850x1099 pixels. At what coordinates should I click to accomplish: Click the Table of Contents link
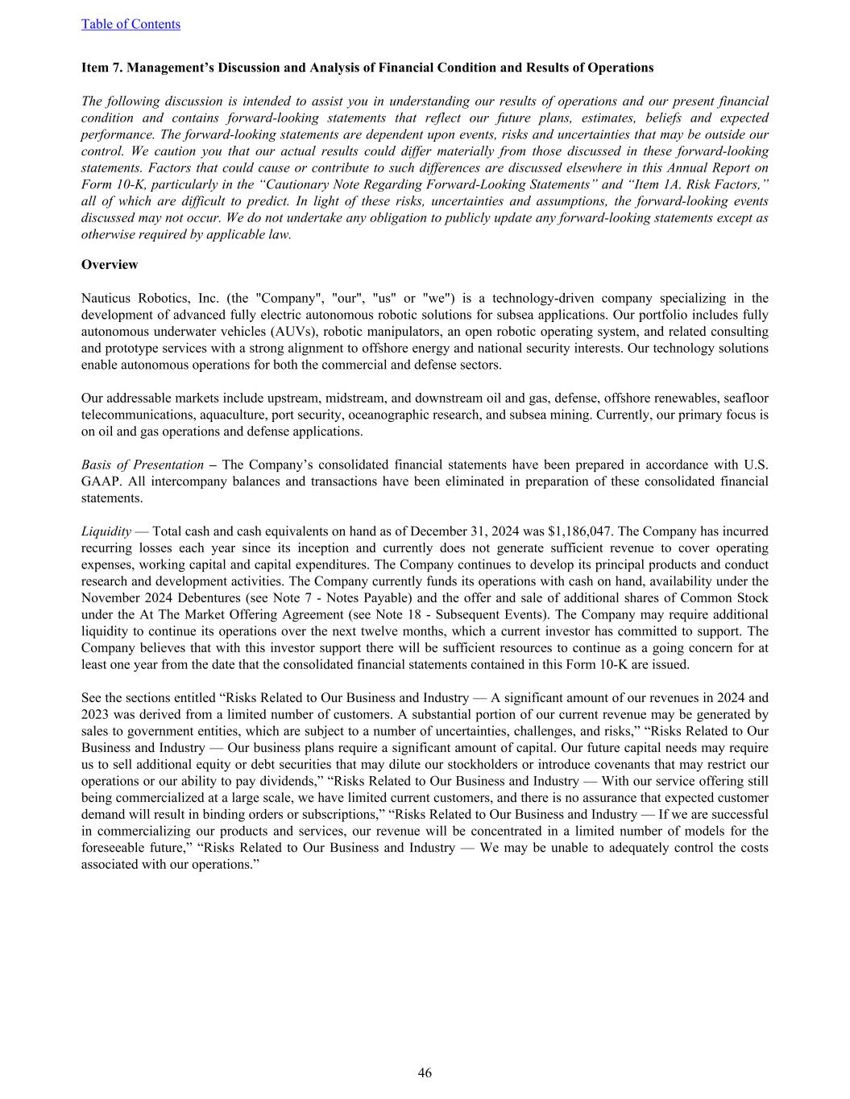coord(131,24)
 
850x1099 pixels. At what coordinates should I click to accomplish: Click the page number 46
coord(425,1072)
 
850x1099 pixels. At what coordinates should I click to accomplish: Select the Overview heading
coord(110,265)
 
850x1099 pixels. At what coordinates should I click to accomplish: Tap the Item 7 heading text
coord(367,68)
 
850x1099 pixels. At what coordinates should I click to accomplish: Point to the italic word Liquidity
coord(106,531)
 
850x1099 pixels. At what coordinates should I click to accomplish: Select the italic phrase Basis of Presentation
coord(143,465)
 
